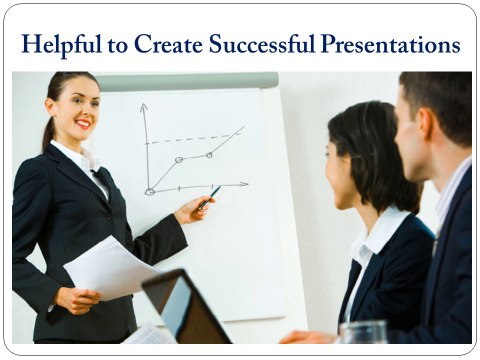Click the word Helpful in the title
pyautogui.click(x=63, y=45)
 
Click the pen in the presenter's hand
pyautogui.click(x=210, y=197)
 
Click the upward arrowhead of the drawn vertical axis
pyautogui.click(x=143, y=107)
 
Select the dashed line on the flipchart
pyautogui.click(x=195, y=139)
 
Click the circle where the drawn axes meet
pyautogui.click(x=149, y=190)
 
